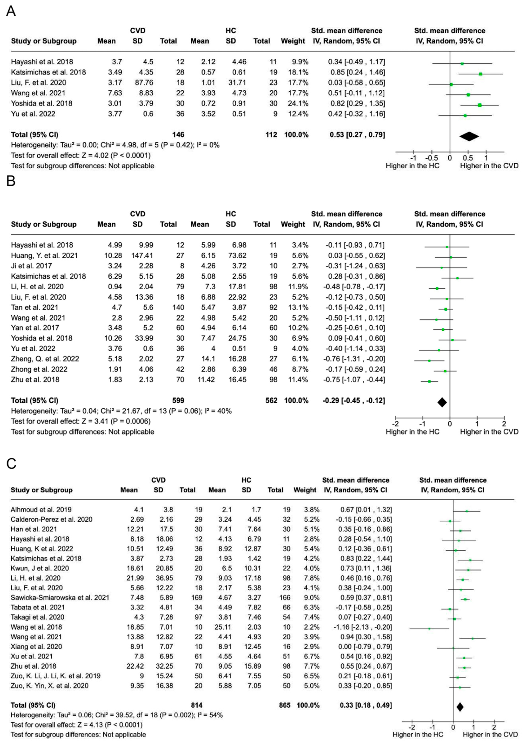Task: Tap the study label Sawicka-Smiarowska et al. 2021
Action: pyautogui.click(x=60, y=598)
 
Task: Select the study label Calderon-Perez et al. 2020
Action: pyautogui.click(x=51, y=519)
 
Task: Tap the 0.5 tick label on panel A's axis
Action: pyautogui.click(x=468, y=158)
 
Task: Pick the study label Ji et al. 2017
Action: pyautogui.click(x=31, y=266)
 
